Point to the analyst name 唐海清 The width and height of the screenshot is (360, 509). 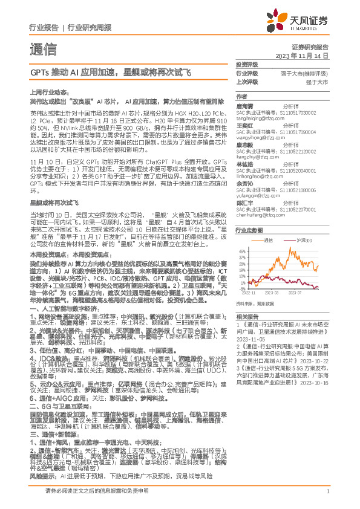click(x=244, y=105)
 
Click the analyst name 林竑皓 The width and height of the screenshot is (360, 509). click(x=244, y=164)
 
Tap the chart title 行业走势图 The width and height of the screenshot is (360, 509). click(x=248, y=230)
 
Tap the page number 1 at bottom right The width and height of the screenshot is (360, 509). click(x=327, y=490)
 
